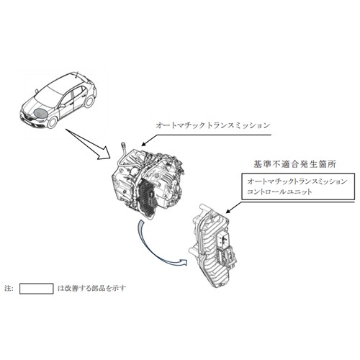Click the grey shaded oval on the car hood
(x=40, y=112)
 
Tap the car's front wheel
(x=53, y=122)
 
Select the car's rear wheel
(x=89, y=101)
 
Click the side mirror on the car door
(x=63, y=105)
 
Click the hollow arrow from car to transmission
(x=89, y=144)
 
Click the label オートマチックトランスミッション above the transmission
(x=213, y=125)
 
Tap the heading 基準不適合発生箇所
(x=294, y=164)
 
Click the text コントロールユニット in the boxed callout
(x=279, y=192)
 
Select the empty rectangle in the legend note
(x=37, y=289)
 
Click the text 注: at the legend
(x=9, y=288)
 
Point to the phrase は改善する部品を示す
(x=91, y=288)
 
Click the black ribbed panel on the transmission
(x=146, y=197)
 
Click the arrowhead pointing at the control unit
(x=228, y=211)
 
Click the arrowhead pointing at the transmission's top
(x=143, y=144)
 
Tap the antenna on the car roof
(x=76, y=75)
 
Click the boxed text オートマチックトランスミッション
(x=297, y=181)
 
